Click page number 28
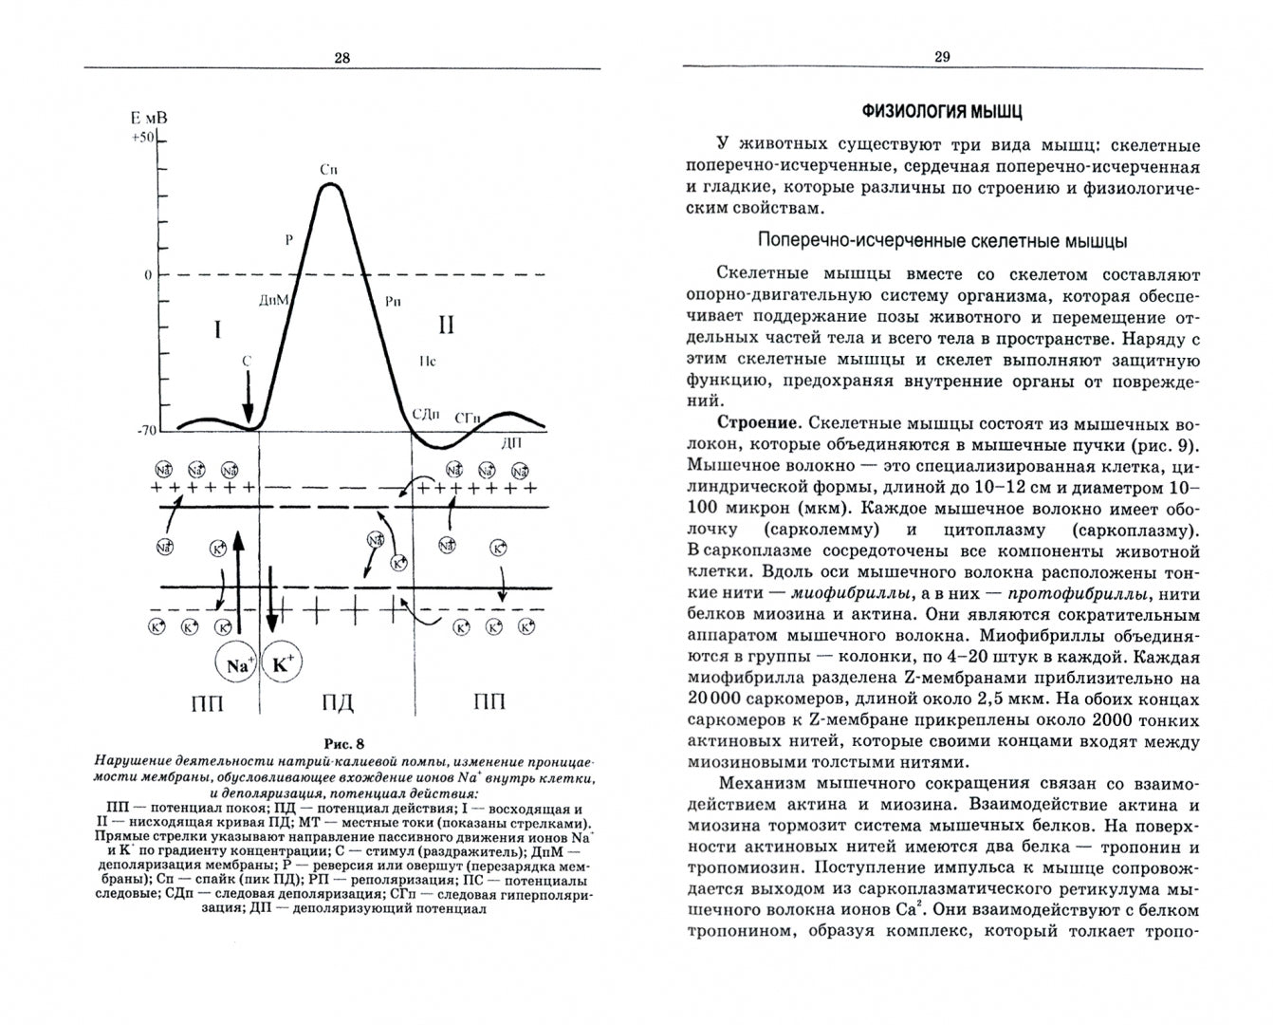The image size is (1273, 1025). [x=342, y=58]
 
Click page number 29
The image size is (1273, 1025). [x=942, y=58]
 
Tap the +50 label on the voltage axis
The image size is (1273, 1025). [x=142, y=138]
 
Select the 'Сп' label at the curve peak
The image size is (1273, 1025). [x=329, y=170]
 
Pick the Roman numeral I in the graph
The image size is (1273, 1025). [x=217, y=329]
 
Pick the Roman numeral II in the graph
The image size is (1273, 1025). [x=445, y=326]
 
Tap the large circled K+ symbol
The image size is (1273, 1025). [x=281, y=666]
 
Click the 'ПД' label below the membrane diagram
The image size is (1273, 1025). [x=337, y=703]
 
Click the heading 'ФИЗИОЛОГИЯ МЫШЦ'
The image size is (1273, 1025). [x=942, y=112]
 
